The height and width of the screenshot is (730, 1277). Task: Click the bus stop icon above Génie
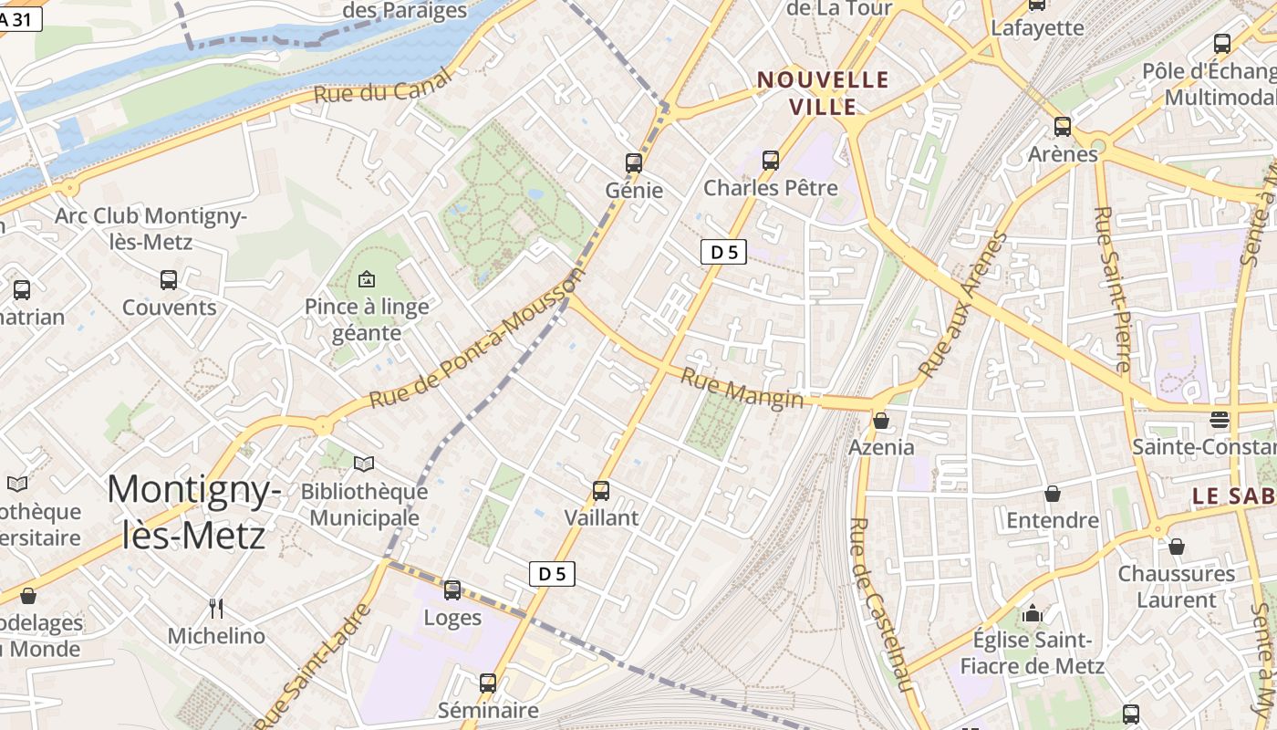point(634,163)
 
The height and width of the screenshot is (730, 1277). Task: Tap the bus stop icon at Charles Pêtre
point(771,161)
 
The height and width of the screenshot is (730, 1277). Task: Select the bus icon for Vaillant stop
point(601,491)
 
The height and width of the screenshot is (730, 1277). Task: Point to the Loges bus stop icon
point(452,590)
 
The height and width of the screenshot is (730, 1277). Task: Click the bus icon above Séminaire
point(488,683)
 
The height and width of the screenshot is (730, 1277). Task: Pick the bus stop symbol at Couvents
point(169,280)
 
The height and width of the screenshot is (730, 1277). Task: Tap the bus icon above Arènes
point(1063,127)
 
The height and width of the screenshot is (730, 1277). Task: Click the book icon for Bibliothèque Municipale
point(364,464)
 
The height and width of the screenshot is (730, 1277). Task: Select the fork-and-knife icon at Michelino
point(216,609)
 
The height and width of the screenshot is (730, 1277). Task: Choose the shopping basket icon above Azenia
point(881,421)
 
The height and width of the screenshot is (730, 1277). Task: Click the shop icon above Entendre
point(1053,494)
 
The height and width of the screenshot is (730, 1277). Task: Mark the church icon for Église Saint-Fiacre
point(1033,613)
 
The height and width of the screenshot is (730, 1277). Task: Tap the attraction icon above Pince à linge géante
point(367,279)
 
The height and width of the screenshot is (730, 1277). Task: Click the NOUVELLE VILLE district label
point(823,93)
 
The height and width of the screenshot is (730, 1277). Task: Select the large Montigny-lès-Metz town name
point(193,512)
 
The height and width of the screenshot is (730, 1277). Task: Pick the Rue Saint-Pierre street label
point(1112,288)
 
